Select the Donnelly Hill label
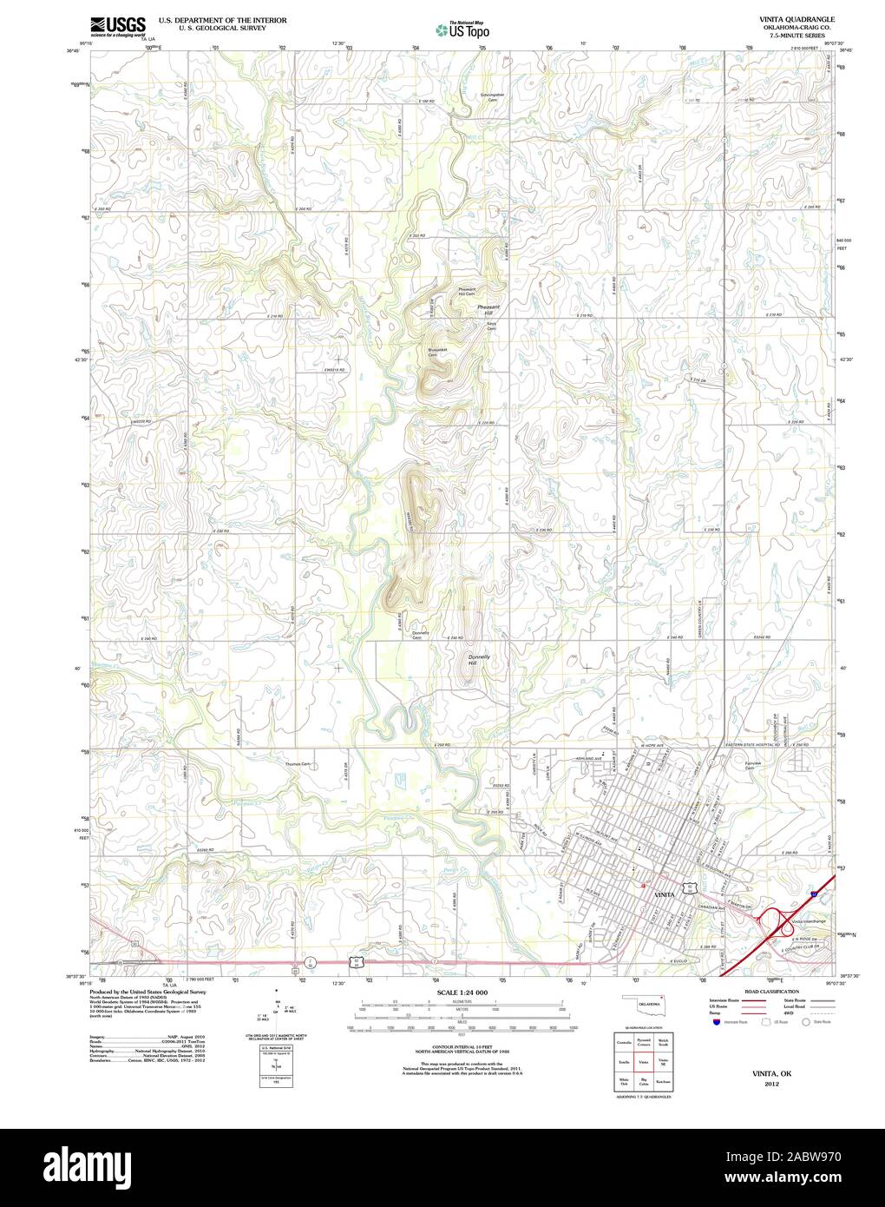pos(479,661)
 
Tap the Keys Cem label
pos(491,326)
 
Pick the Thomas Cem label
pos(298,764)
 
